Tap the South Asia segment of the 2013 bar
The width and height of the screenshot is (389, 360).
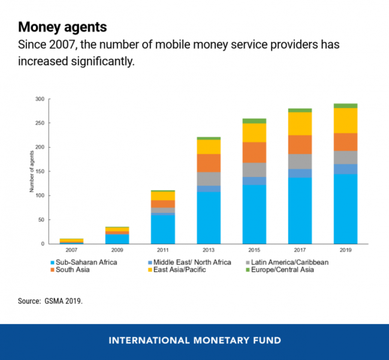(209, 163)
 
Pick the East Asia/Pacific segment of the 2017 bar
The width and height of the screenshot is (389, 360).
(300, 124)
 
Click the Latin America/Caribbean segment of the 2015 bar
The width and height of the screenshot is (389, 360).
(254, 170)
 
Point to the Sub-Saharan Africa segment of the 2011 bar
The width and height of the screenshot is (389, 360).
(162, 229)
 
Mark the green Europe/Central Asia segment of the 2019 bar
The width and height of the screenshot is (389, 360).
(345, 106)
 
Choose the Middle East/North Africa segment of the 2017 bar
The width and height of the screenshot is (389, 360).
(300, 173)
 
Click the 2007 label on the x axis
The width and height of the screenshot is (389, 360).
(71, 250)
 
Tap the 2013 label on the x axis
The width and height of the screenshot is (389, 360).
(209, 250)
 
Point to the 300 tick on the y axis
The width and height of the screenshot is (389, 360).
(40, 99)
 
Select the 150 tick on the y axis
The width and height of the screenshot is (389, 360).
(40, 172)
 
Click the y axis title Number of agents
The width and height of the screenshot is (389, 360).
(31, 171)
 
